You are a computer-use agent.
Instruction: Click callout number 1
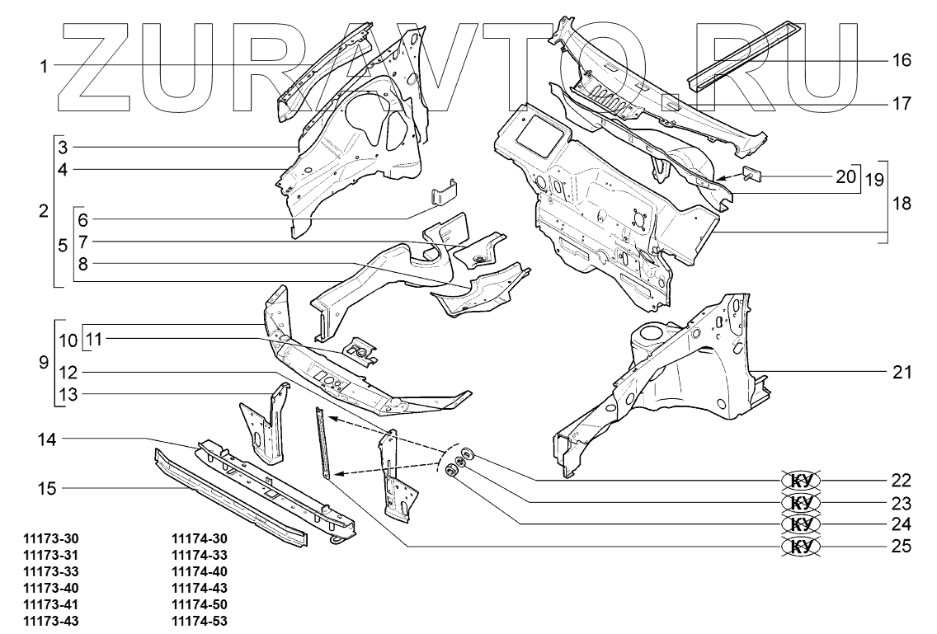43,65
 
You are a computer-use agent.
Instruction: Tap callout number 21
902,372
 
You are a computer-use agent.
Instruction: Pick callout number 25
901,547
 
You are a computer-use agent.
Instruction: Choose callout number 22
901,481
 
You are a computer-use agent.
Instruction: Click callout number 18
902,204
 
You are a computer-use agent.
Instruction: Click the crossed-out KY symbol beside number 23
799,503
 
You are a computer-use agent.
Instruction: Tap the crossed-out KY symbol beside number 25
799,547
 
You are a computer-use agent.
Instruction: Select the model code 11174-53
199,620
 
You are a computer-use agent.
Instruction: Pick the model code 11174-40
199,572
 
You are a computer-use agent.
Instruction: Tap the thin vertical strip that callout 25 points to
323,441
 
